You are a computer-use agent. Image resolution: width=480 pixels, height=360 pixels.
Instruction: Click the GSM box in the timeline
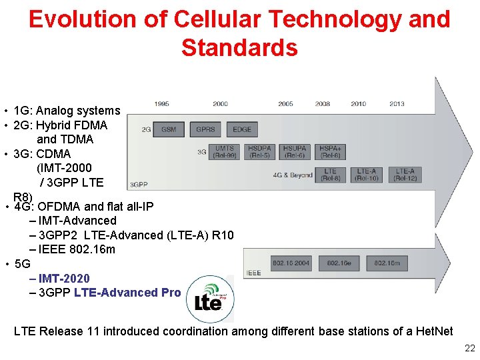[x=169, y=129]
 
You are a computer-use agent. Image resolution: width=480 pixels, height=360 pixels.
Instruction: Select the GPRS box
[x=205, y=129]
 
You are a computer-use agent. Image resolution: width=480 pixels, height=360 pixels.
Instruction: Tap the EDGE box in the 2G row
[x=242, y=129]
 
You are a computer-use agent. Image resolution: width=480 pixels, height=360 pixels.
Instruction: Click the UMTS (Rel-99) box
[x=224, y=152]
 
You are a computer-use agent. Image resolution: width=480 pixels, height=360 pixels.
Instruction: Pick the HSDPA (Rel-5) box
[x=259, y=152]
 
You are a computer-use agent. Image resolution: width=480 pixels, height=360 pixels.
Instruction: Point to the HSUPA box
[x=295, y=152]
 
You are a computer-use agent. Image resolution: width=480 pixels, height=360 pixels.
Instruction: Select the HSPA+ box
[x=331, y=152]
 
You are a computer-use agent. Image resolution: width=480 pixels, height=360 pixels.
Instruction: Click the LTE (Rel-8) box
[x=331, y=175]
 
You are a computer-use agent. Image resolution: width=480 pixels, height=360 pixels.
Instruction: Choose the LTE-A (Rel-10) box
[x=367, y=175]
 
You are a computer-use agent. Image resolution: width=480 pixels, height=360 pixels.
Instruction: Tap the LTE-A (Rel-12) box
[x=405, y=175]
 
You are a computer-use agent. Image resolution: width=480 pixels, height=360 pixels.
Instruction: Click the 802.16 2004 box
[x=291, y=263]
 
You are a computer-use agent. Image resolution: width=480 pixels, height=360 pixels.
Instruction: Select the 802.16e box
[x=339, y=263]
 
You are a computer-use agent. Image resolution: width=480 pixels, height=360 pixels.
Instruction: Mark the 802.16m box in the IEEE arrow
[x=387, y=263]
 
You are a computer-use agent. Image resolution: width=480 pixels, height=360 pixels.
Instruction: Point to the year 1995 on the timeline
[x=161, y=104]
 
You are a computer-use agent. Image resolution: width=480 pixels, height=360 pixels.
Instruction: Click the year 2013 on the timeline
[x=397, y=104]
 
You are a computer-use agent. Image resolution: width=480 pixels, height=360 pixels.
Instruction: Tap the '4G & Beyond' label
[x=292, y=175]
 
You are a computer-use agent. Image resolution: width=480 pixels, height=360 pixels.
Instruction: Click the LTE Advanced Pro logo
[x=209, y=298]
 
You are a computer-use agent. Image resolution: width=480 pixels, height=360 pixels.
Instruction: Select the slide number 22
[x=469, y=348]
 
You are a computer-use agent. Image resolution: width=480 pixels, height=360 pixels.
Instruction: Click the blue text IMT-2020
[x=64, y=278]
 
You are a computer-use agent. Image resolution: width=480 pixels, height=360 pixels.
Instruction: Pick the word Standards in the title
[x=239, y=48]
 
